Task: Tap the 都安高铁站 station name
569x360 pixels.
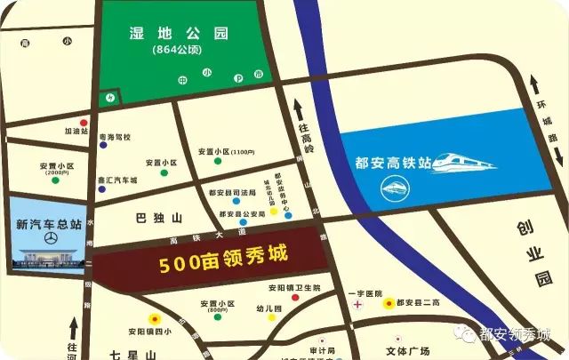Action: [x=392, y=163]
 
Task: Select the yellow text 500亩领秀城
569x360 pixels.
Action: [x=224, y=262]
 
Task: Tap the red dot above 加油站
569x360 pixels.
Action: [x=84, y=122]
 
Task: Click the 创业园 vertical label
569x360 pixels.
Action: [x=533, y=253]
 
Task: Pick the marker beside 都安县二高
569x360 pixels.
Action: [x=388, y=304]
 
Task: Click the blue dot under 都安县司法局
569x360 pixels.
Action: [x=236, y=199]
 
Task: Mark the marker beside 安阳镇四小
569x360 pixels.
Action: [x=155, y=319]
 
